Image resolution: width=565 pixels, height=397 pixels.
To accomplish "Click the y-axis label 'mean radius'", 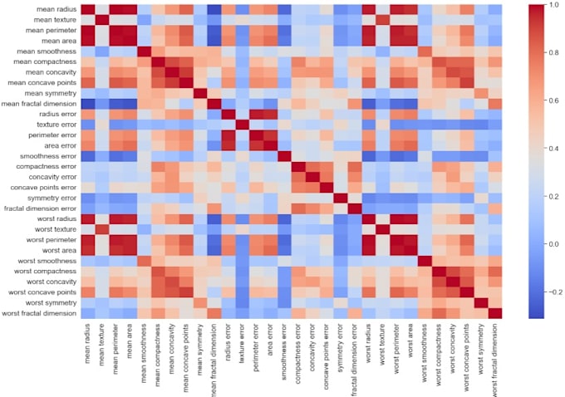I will pos(52,9).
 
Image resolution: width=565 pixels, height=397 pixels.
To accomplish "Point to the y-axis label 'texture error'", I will pos(53,125).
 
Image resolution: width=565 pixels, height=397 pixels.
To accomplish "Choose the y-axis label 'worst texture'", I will pos(52,228).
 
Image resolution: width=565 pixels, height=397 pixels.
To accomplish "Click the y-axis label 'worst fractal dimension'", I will pos(37,312).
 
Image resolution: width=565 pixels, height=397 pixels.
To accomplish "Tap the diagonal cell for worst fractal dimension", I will pos(496,312).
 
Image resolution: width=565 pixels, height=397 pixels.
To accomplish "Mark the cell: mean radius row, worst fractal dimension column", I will pos(496,9).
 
